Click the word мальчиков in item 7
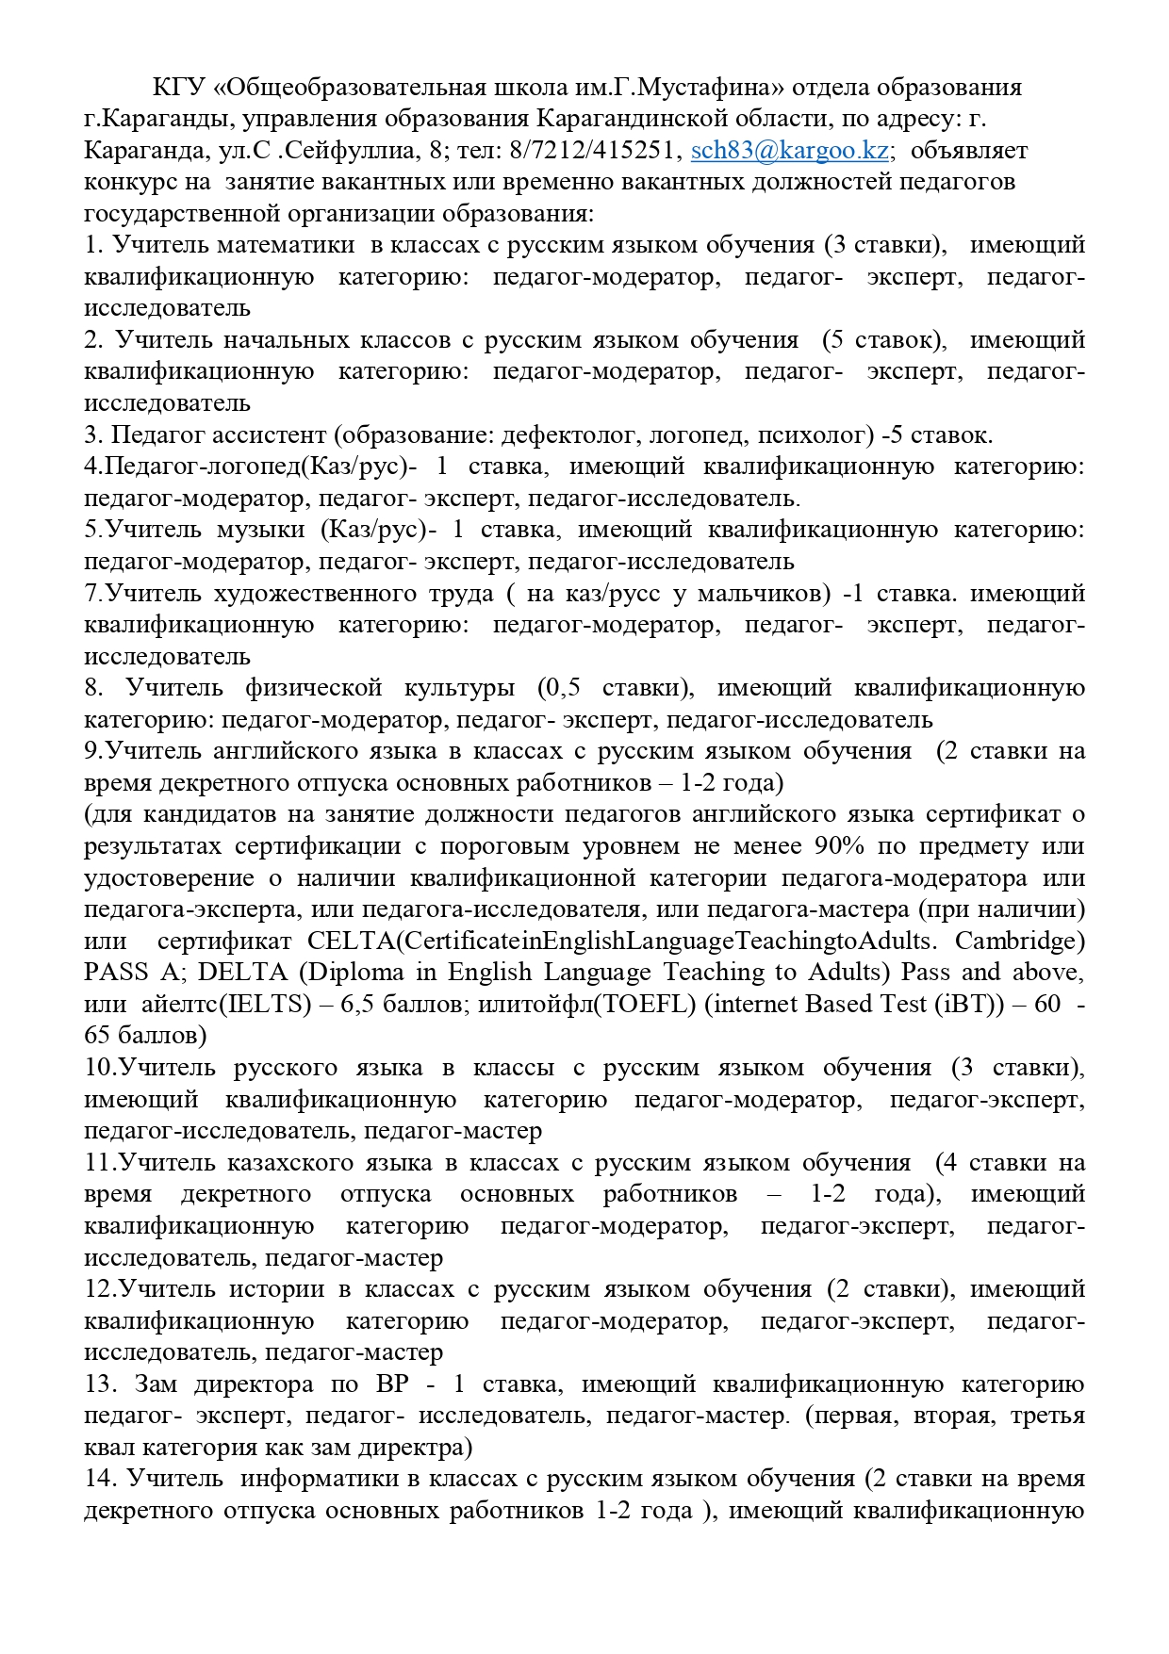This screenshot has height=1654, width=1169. point(765,593)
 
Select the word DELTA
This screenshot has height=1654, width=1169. point(241,973)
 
